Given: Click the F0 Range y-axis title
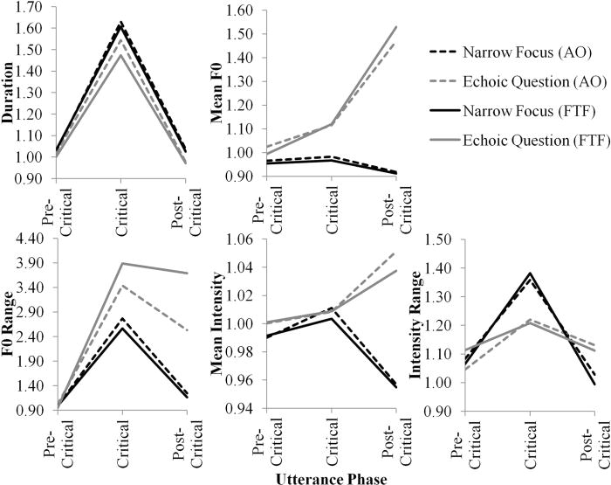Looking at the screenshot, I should [x=10, y=324].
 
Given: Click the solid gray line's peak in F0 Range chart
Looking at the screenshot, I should [x=120, y=263].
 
